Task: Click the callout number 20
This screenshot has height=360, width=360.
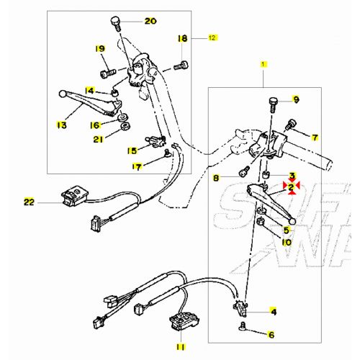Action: pos(150,21)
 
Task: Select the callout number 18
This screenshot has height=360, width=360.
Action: pos(182,37)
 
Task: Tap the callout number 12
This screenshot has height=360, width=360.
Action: pos(212,36)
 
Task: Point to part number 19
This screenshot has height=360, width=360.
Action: pos(100,48)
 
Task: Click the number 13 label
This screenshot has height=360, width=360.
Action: pos(61,125)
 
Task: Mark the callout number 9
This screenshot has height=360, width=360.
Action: pos(295,99)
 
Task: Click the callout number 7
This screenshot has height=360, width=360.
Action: pos(315,136)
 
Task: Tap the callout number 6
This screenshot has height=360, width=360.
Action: pos(271,334)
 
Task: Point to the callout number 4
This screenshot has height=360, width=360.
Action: pos(273,312)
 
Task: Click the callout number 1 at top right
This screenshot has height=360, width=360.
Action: pos(263,65)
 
